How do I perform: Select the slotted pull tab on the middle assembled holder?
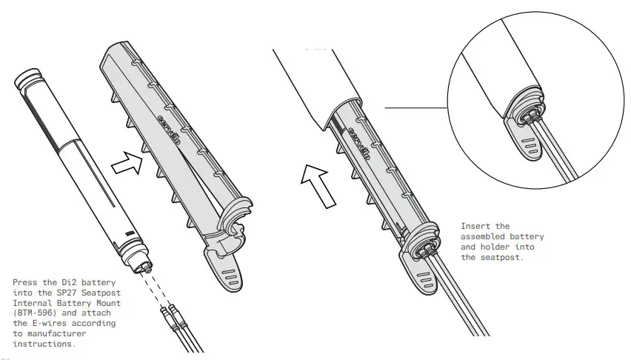coord(423,281)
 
